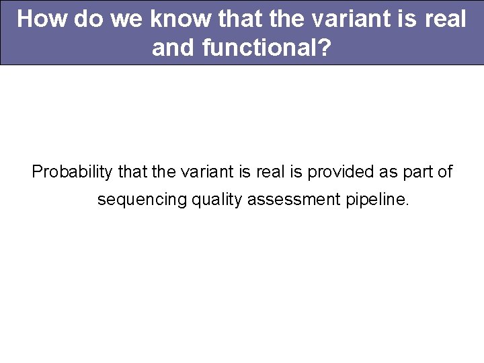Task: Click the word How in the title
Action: pos(42,19)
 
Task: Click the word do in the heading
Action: pos(88,19)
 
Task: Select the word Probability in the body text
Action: pos(72,172)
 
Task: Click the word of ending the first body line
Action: pos(446,172)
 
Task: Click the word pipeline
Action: pos(373,200)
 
